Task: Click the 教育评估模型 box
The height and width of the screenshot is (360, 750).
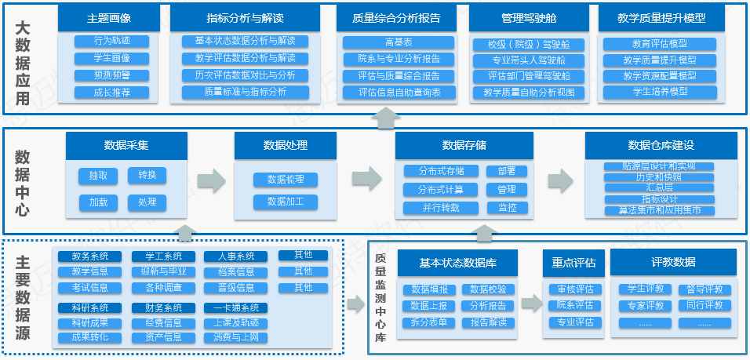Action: tap(660, 44)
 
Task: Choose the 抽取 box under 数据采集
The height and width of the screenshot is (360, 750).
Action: tap(98, 176)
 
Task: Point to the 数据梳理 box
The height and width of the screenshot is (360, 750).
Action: tap(285, 180)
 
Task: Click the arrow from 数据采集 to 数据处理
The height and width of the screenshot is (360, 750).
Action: tap(211, 180)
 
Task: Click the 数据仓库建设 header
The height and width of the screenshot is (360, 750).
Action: tap(661, 145)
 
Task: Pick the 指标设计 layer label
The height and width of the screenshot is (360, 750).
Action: tap(648, 199)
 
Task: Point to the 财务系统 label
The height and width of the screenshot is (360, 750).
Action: tap(163, 308)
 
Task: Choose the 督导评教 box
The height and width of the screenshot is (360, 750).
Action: tap(704, 289)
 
